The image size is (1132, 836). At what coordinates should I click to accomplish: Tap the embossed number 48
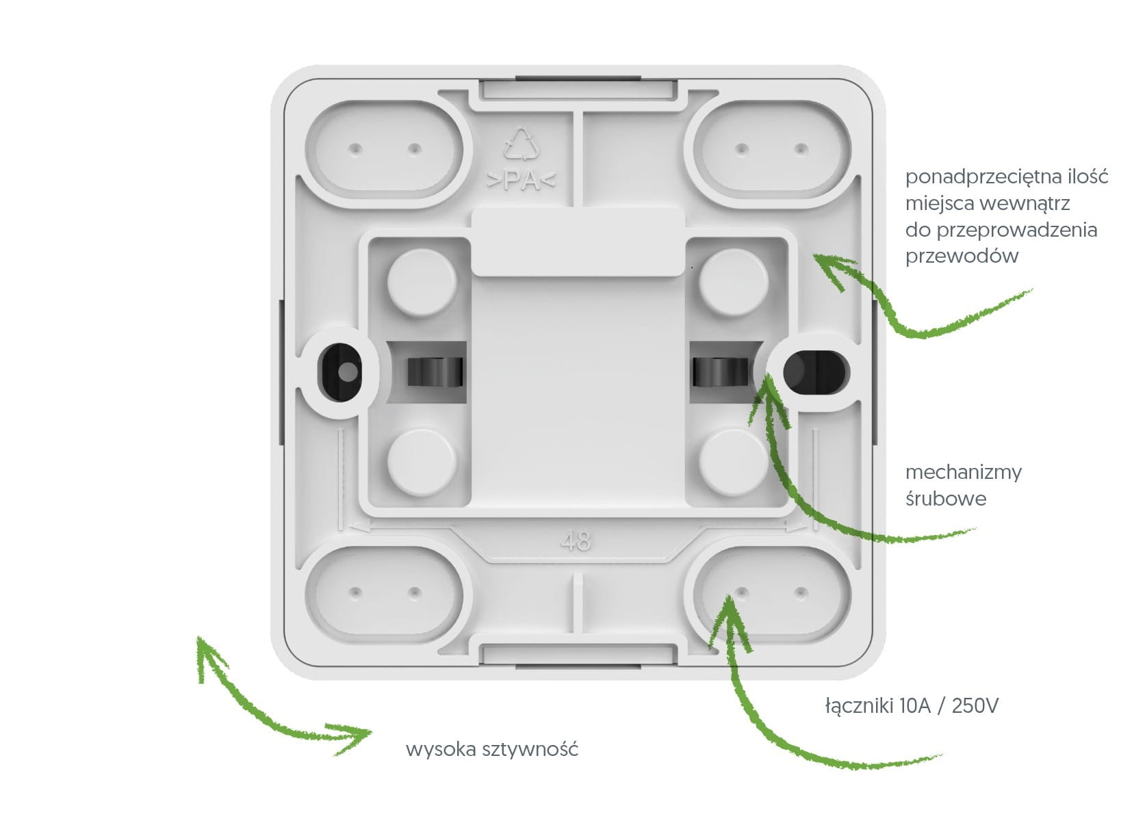pos(575,541)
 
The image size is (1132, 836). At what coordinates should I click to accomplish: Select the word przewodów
pos(962,257)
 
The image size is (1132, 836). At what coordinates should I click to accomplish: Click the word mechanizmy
pos(963,473)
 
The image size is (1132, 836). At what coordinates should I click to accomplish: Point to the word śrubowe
pos(946,498)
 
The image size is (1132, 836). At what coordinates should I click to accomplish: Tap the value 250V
pos(975,707)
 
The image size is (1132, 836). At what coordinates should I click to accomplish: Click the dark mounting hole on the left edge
pos(339,372)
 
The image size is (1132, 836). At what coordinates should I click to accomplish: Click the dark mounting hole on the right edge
pos(814,371)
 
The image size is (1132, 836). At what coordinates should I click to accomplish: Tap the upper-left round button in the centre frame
pos(422,283)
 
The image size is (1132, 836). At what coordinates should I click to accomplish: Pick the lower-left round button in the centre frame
pos(422,462)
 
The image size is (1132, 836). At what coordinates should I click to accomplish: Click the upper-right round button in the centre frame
pos(733,283)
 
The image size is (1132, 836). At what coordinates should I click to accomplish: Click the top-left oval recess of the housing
pos(385,150)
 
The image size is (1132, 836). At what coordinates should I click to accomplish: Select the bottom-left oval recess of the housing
pos(385,594)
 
